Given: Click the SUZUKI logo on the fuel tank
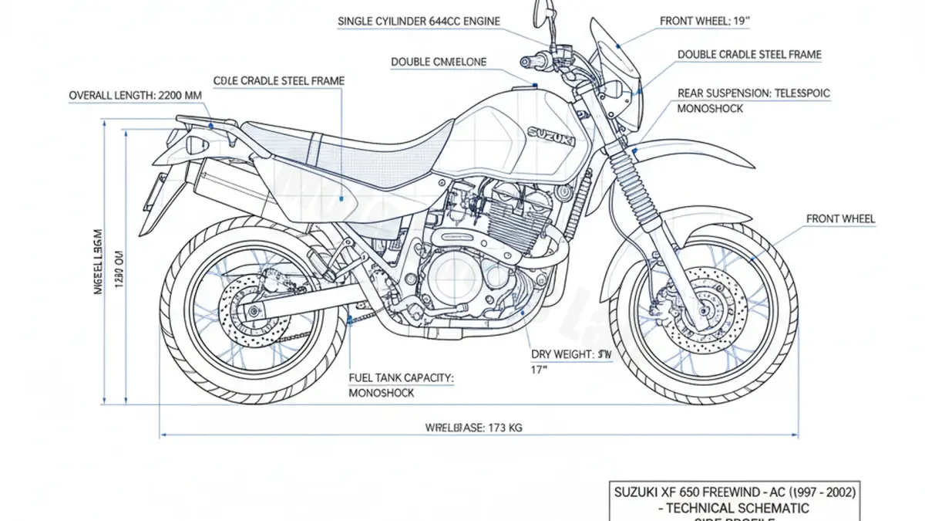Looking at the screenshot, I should coord(550,137).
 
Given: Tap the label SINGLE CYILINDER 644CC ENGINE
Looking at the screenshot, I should coord(419,21).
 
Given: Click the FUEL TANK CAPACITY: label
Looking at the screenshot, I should coord(401,377).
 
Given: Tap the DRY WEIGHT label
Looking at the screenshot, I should coord(572,354).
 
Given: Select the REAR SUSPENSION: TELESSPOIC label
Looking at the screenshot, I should coord(753,93).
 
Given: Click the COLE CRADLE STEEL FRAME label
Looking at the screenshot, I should coord(278,80).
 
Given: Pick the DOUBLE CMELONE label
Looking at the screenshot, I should coord(438,62).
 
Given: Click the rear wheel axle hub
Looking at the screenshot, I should coord(253,312).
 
